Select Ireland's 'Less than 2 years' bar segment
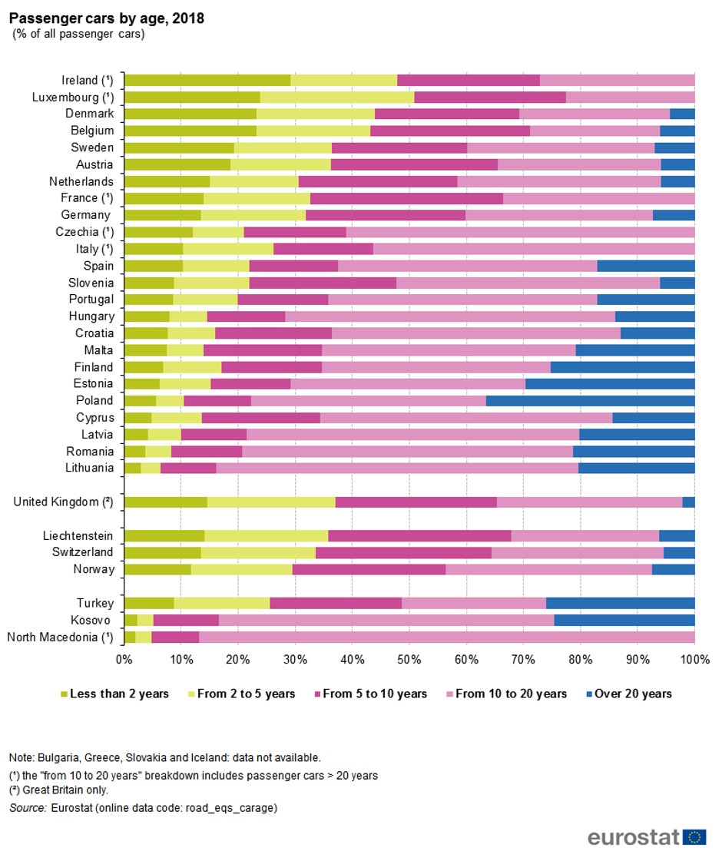pyautogui.click(x=207, y=80)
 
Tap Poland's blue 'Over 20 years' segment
pyautogui.click(x=590, y=400)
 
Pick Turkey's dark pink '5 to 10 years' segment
pyautogui.click(x=336, y=603)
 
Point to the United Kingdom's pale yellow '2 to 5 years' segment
pyautogui.click(x=271, y=502)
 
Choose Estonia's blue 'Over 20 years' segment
pyautogui.click(x=610, y=383)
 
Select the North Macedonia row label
pyautogui.click(x=60, y=637)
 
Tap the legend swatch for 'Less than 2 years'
pyautogui.click(x=65, y=694)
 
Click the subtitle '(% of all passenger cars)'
pyautogui.click(x=78, y=34)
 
